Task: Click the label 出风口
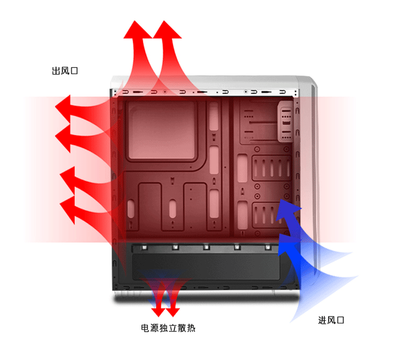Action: click(64, 71)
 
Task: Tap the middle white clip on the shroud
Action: click(206, 248)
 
